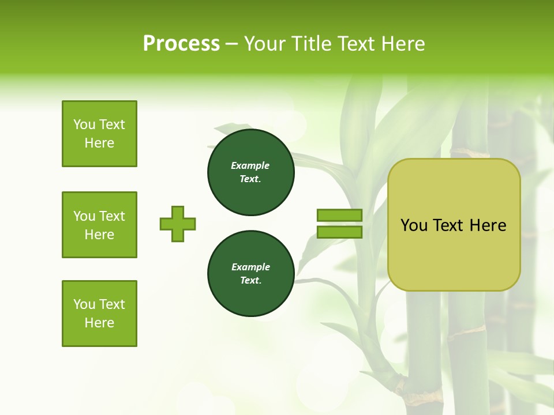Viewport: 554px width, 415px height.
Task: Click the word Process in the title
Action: click(181, 44)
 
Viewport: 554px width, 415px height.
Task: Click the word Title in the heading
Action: click(312, 44)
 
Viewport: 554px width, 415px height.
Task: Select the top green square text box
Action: click(99, 134)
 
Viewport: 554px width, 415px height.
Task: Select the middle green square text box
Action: click(99, 225)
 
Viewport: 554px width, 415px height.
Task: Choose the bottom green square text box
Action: click(99, 314)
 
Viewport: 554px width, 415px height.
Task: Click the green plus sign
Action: click(178, 224)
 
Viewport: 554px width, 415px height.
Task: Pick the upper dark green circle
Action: click(250, 172)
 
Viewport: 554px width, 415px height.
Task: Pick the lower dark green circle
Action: click(250, 274)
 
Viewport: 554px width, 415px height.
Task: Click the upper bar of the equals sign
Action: click(339, 216)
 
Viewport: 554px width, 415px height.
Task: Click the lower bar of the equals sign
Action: click(339, 232)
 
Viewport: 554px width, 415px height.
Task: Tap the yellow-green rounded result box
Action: click(454, 254)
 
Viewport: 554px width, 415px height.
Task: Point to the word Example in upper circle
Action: click(250, 165)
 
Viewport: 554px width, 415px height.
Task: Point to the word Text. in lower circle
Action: click(250, 281)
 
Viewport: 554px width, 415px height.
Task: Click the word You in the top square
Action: click(84, 124)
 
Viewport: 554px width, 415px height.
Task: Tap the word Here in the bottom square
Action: click(99, 323)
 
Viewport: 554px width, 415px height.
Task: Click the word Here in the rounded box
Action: click(488, 225)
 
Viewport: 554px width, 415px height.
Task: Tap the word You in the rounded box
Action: click(414, 225)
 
